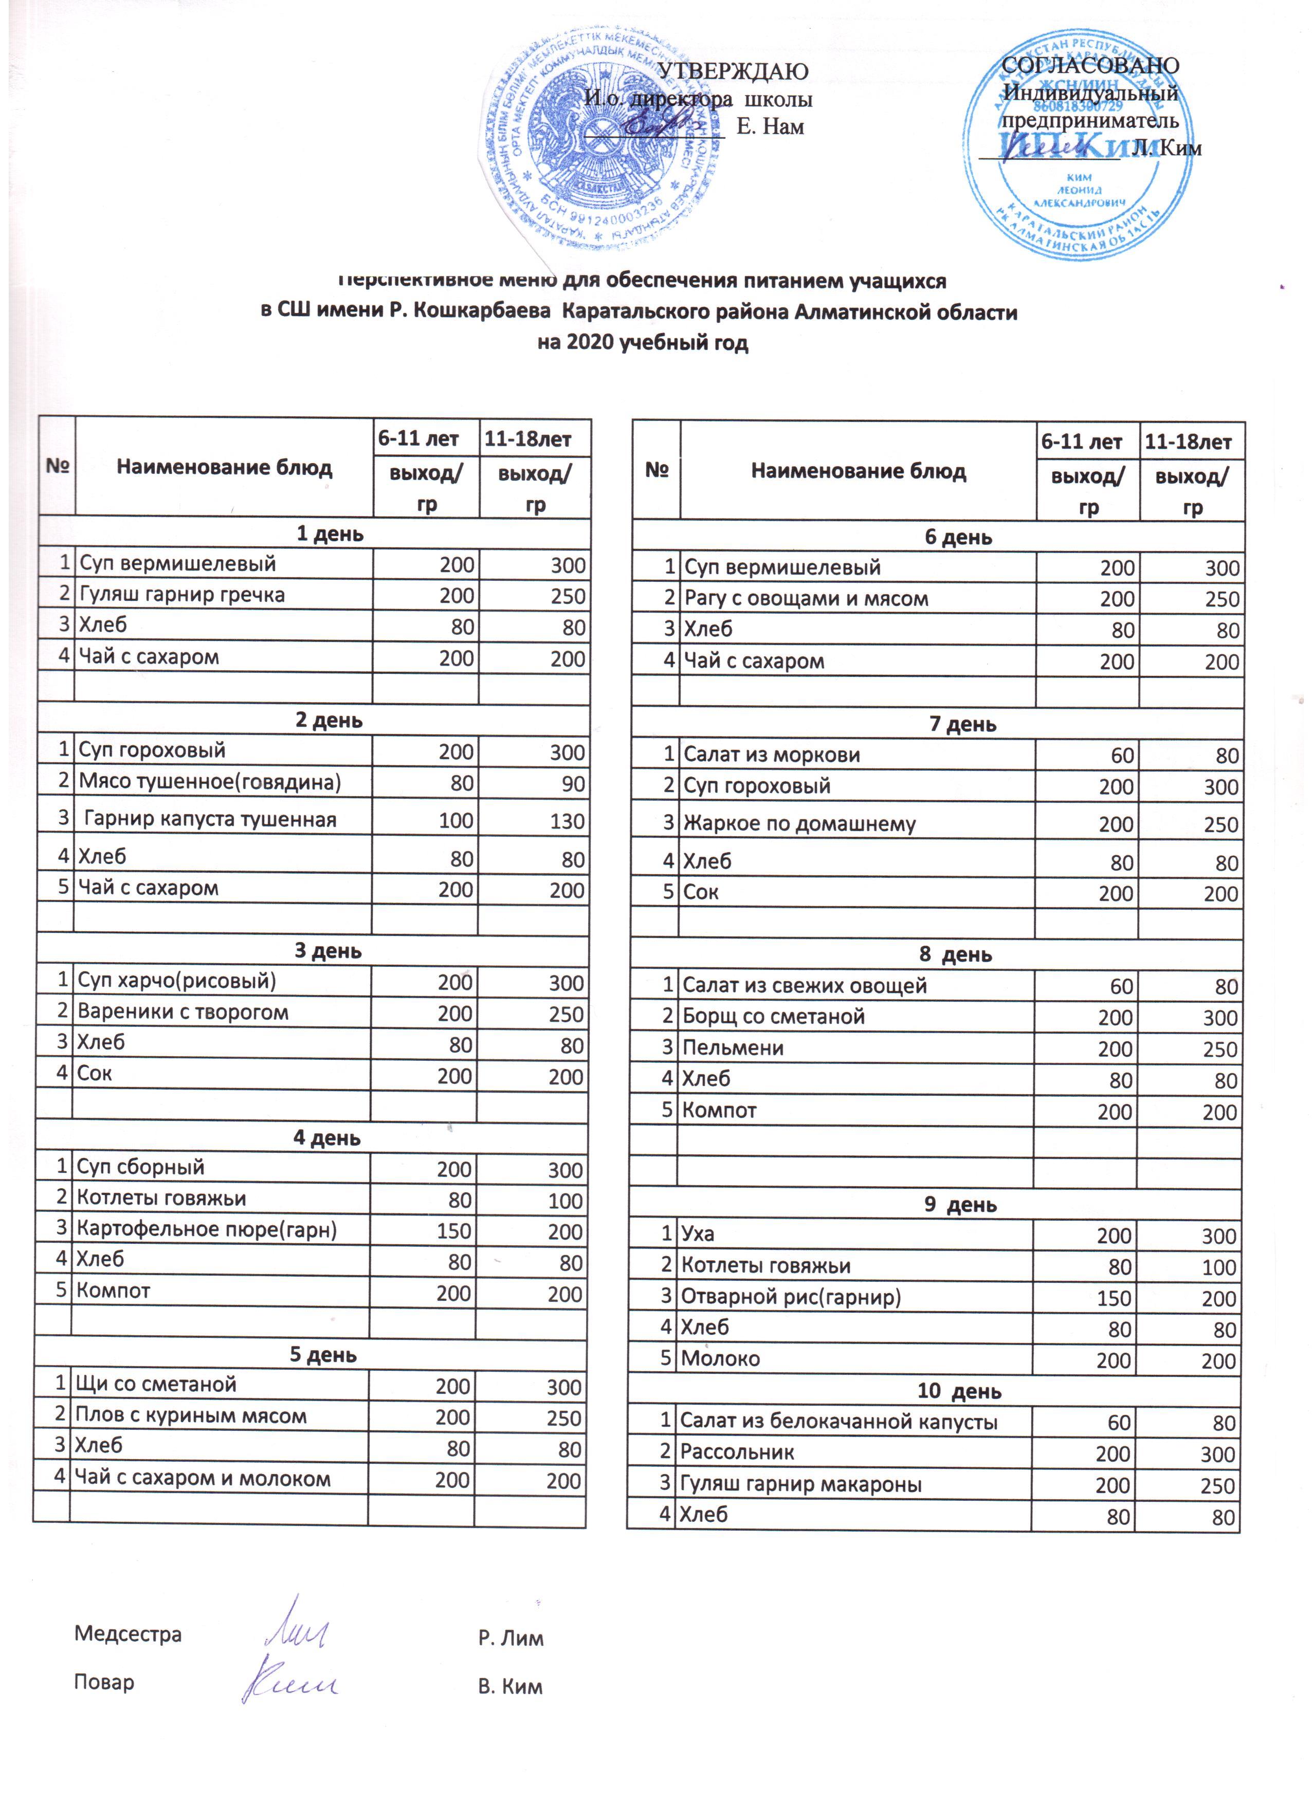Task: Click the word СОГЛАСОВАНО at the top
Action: (1089, 65)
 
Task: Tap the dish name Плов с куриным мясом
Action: (190, 1416)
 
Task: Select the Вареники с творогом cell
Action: (183, 1013)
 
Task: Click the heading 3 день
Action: (328, 951)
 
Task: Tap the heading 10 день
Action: (959, 1391)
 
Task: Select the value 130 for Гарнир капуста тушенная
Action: (567, 821)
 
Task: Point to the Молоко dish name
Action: (720, 1358)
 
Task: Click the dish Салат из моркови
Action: (772, 755)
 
